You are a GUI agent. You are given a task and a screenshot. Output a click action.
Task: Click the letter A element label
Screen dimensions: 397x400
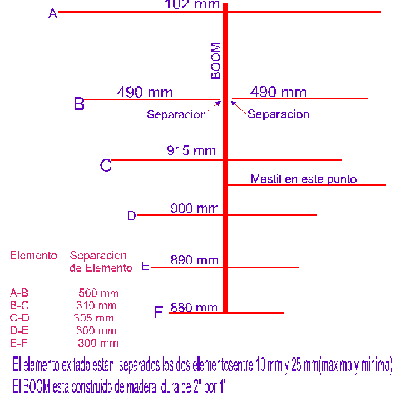pos(53,13)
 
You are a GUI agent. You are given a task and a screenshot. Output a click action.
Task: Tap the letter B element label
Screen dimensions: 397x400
pos(80,104)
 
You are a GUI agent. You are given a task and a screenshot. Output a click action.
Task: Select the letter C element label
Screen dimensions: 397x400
pos(106,165)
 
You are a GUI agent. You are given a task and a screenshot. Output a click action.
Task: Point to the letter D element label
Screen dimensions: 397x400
pos(131,216)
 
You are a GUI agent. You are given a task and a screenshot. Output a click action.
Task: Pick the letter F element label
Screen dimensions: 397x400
pos(159,313)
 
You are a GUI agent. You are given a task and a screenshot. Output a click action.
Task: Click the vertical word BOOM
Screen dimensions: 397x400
pos(216,61)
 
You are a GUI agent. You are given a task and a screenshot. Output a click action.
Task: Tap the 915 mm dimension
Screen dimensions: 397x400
pos(191,150)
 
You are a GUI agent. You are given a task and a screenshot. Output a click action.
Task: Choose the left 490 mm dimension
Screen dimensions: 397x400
pos(145,92)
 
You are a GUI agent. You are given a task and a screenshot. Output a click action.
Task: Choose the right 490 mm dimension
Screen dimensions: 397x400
pos(278,92)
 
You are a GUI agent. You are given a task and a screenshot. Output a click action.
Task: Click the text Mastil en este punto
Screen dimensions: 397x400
pos(303,179)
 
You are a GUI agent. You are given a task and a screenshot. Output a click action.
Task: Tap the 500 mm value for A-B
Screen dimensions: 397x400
pos(98,293)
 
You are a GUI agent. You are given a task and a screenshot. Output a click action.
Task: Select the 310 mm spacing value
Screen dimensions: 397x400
pos(96,305)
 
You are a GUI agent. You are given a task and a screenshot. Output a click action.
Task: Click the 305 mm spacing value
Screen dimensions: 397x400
pos(93,318)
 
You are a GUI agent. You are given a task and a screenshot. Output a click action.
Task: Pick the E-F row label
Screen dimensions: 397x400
pos(19,343)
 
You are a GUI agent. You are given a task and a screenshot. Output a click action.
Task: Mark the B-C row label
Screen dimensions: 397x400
pos(19,305)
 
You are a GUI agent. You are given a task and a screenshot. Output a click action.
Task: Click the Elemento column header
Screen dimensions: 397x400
pos(33,255)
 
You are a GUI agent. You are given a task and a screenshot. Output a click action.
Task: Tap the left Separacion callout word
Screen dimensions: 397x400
pos(176,114)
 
